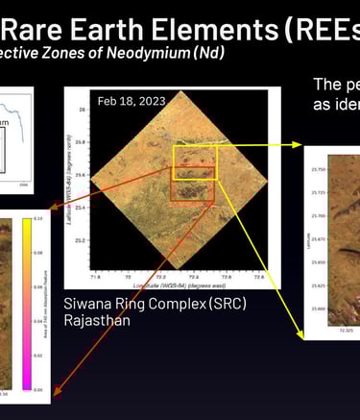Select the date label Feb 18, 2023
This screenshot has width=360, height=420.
tap(125, 100)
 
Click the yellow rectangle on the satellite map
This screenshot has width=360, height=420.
tap(196, 161)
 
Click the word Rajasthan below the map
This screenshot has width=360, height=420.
tap(98, 320)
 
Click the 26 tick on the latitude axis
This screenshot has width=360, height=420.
tap(83, 110)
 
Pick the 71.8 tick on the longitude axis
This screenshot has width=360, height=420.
tap(93, 277)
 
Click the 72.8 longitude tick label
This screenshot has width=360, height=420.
tap(258, 277)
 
